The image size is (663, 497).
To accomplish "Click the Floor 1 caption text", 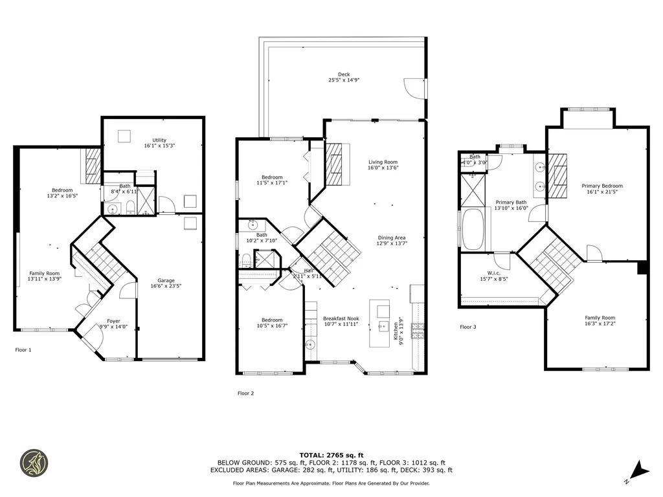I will point(23,350).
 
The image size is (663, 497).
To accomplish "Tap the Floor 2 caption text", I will point(245,393).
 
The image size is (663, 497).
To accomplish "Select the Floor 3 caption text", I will point(467,327).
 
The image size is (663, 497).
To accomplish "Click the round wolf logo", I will point(34,463).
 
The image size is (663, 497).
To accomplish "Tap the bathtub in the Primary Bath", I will point(473,228).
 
